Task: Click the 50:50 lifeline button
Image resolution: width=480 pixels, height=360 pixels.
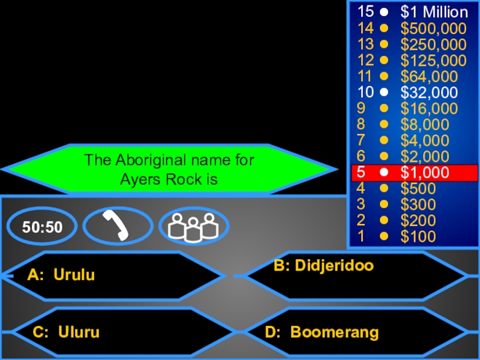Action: (43, 226)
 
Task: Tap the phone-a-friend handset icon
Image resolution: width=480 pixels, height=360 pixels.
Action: (118, 226)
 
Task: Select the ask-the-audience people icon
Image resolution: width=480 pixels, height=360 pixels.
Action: (193, 226)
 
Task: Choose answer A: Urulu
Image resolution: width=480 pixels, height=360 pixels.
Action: (61, 275)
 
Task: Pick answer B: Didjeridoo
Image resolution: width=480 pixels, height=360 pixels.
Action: (323, 266)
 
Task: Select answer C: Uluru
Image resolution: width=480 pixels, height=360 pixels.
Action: (66, 332)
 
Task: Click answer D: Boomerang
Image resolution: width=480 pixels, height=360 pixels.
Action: (322, 332)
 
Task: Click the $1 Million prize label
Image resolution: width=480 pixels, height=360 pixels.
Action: (434, 12)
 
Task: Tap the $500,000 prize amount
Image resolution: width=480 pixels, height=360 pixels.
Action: (433, 28)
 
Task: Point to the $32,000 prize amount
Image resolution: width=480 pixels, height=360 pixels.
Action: (429, 92)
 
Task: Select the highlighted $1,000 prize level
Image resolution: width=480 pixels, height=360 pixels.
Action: (425, 173)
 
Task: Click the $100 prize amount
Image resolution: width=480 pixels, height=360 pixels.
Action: (418, 236)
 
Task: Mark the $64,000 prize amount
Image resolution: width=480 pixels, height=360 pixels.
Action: (429, 76)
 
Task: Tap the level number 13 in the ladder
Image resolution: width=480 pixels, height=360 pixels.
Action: (365, 44)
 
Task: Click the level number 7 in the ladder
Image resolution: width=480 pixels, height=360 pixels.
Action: (361, 140)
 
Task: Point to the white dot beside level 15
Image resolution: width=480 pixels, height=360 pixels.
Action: (384, 12)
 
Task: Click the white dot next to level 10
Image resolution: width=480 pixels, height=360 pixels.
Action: (384, 92)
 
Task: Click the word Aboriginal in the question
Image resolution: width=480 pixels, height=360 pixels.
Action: (144, 160)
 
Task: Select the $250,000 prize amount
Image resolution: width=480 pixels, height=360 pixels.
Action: (433, 44)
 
